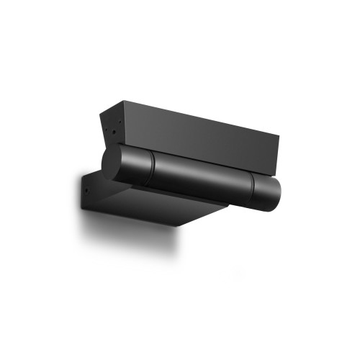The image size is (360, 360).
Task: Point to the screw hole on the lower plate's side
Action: tap(87, 191)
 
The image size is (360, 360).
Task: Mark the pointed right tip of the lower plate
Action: tap(229, 202)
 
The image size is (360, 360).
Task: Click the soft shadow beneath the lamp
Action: tap(130, 238)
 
